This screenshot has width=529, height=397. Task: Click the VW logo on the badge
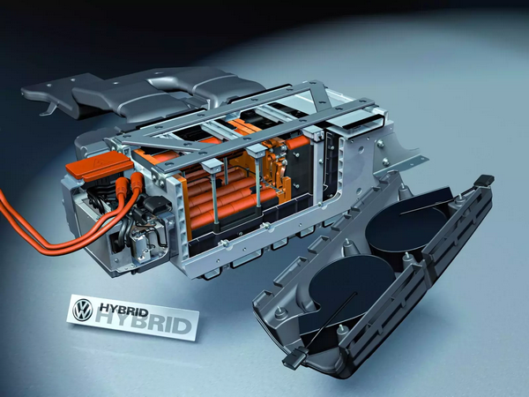point(83,310)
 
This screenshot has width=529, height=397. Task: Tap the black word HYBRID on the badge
point(123,309)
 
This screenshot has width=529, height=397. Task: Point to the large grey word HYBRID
point(145,322)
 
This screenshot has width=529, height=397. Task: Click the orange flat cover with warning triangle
point(99,166)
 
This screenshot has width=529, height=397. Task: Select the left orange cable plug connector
point(123,184)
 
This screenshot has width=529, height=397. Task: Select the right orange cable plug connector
point(137,184)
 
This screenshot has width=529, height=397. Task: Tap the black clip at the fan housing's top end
point(484,180)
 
